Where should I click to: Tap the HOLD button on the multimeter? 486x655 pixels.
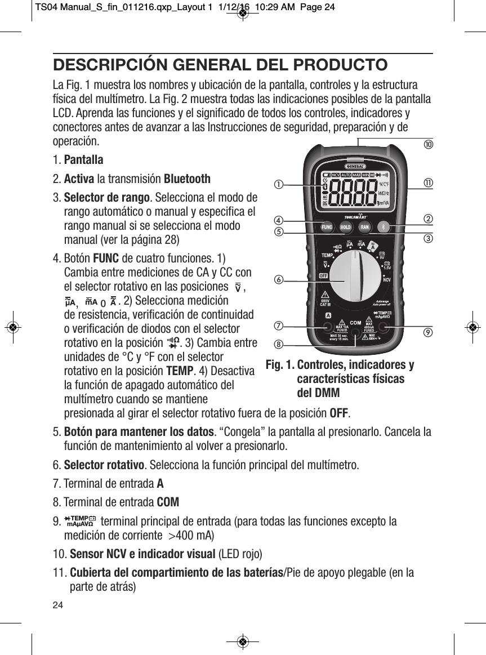(x=346, y=228)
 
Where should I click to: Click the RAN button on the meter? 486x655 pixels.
(x=365, y=228)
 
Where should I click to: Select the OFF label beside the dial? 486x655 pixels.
(x=324, y=276)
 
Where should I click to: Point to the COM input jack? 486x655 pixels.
(x=355, y=329)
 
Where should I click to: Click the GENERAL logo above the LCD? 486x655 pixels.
(x=355, y=166)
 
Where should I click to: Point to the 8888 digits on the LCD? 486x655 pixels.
(x=354, y=191)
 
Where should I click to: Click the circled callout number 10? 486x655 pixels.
(x=428, y=145)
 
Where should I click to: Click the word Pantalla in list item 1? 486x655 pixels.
(x=83, y=160)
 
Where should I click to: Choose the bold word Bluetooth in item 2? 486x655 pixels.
(x=187, y=179)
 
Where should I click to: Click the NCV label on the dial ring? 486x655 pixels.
(x=387, y=279)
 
